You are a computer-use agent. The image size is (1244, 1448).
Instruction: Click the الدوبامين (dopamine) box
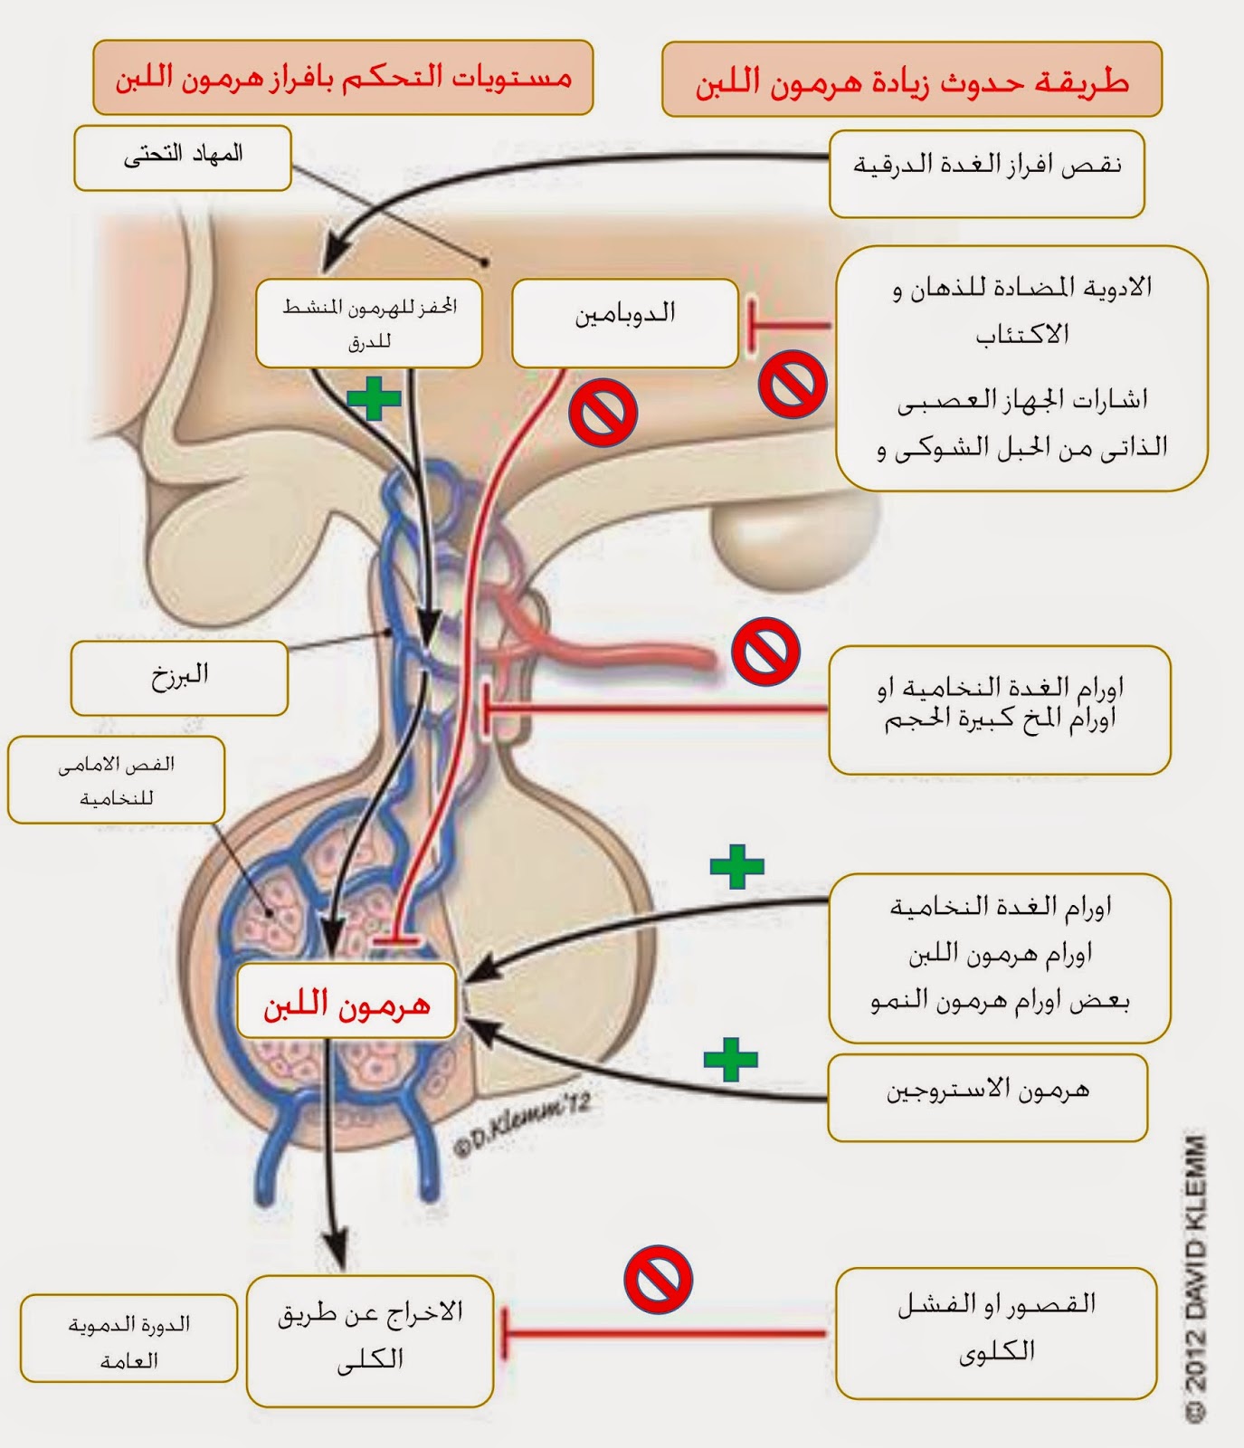click(625, 322)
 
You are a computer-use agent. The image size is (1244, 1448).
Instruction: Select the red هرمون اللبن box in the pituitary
click(347, 1001)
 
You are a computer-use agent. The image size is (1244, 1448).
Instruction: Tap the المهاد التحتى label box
click(183, 157)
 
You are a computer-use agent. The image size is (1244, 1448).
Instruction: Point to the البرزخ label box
click(179, 677)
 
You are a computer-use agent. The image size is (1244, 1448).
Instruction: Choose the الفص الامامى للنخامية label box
click(116, 780)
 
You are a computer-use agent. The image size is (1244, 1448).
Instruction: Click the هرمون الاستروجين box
click(987, 1096)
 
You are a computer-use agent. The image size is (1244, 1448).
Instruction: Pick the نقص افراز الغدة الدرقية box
click(987, 173)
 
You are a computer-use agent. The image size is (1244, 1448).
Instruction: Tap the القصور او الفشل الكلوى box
click(996, 1332)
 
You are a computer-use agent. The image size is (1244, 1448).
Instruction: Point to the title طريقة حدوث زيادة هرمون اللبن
click(911, 80)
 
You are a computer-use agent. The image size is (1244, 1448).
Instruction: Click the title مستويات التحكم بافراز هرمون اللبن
click(343, 77)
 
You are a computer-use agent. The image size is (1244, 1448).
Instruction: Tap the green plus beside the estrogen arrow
click(731, 1059)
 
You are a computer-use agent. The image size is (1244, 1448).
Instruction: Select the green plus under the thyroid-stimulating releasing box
click(374, 398)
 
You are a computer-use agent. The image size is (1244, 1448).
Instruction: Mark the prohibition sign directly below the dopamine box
click(603, 413)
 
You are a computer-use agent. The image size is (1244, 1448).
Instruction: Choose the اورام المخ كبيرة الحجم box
click(1000, 710)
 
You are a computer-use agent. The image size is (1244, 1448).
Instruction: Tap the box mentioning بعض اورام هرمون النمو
click(1000, 957)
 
